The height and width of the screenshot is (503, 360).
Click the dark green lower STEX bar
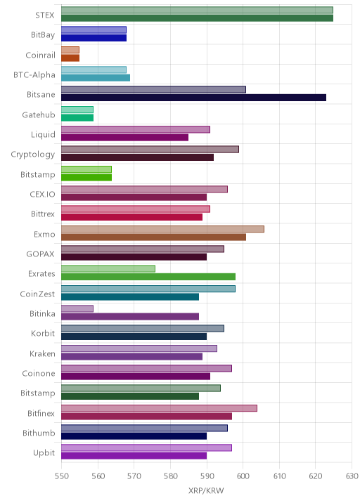(197, 18)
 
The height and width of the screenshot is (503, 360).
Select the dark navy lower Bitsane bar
(193, 98)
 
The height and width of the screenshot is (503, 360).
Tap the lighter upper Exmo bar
(163, 229)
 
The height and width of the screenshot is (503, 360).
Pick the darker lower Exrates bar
(148, 277)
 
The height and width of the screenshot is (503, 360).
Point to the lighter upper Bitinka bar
(77, 308)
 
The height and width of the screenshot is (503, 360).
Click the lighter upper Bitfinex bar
(160, 408)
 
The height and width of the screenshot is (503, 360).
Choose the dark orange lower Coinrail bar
(70, 58)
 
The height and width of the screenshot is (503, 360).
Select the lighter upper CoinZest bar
(148, 289)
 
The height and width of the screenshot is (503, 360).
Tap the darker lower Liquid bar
(125, 137)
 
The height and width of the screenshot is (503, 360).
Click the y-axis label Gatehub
(39, 115)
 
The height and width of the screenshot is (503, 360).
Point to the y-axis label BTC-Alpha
(34, 75)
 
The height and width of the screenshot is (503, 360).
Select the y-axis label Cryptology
(33, 155)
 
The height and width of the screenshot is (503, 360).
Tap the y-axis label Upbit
(44, 453)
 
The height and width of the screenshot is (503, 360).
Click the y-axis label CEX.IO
(42, 195)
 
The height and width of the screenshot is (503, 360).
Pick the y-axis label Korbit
(43, 334)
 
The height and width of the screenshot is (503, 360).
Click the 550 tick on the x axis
(61, 476)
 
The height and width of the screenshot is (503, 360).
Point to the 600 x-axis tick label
(243, 476)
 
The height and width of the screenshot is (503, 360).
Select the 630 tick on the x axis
(352, 476)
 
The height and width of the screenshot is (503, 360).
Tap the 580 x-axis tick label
(171, 476)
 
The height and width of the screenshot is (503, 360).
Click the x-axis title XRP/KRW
(206, 491)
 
